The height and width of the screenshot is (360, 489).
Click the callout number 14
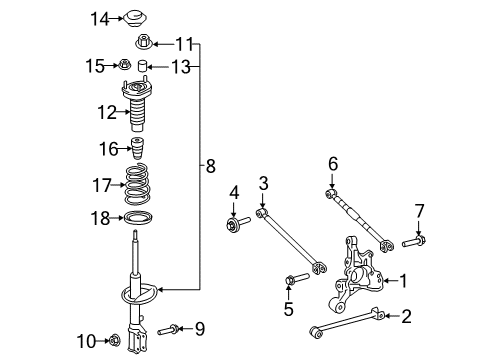pyautogui.click(x=98, y=18)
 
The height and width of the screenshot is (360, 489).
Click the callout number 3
pyautogui.click(x=263, y=183)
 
